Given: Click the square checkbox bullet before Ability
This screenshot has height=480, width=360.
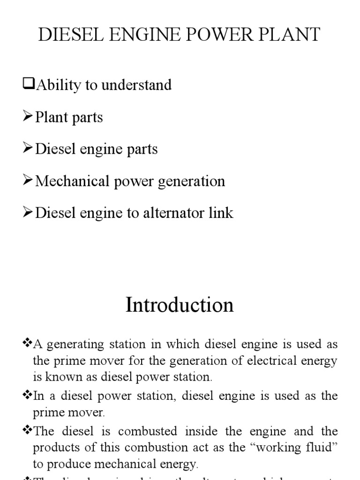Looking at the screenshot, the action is [x=29, y=84].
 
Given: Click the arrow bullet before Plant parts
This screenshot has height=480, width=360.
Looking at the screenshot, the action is [x=28, y=117].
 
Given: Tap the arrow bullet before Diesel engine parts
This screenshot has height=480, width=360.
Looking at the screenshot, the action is [x=28, y=149].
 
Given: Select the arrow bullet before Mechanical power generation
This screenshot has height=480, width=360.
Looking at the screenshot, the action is [x=28, y=180].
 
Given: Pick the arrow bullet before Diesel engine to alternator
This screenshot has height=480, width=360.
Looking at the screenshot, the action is [x=28, y=212].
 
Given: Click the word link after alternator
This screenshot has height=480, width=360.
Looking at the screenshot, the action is [x=220, y=213].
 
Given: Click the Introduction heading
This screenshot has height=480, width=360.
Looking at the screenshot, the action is [x=180, y=305].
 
